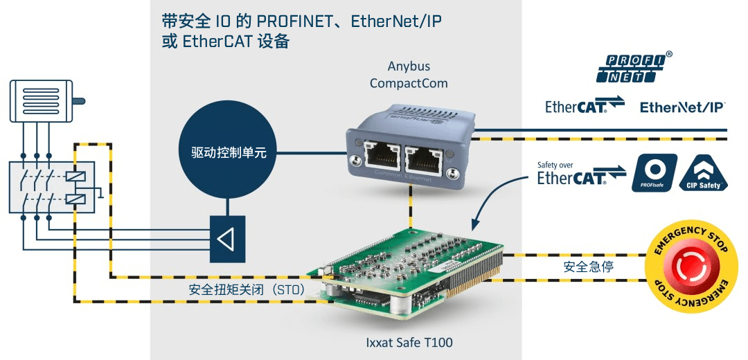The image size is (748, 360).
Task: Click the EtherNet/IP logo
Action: click(x=682, y=107)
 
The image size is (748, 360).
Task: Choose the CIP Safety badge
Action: click(x=704, y=173)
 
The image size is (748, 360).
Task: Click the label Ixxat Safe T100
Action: click(x=409, y=342)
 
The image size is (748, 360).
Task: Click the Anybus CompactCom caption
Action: click(x=409, y=75)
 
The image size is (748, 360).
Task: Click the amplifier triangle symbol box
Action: click(x=227, y=238)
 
